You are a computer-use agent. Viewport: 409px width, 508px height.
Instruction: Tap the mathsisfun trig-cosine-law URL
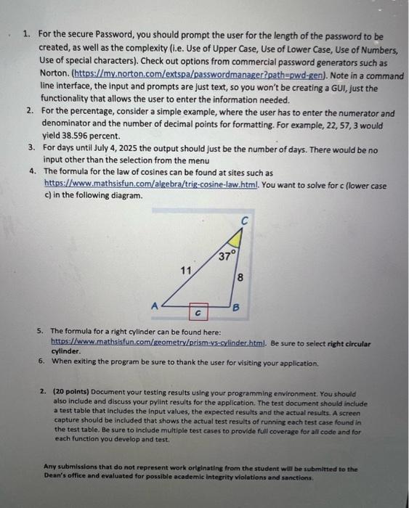[142, 184]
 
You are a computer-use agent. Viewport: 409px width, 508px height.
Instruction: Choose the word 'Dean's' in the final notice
[56, 478]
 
